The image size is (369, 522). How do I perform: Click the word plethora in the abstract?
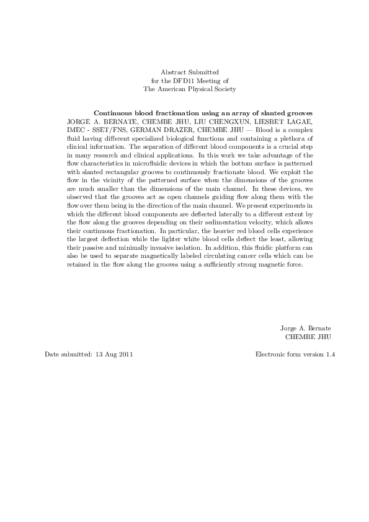284,138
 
